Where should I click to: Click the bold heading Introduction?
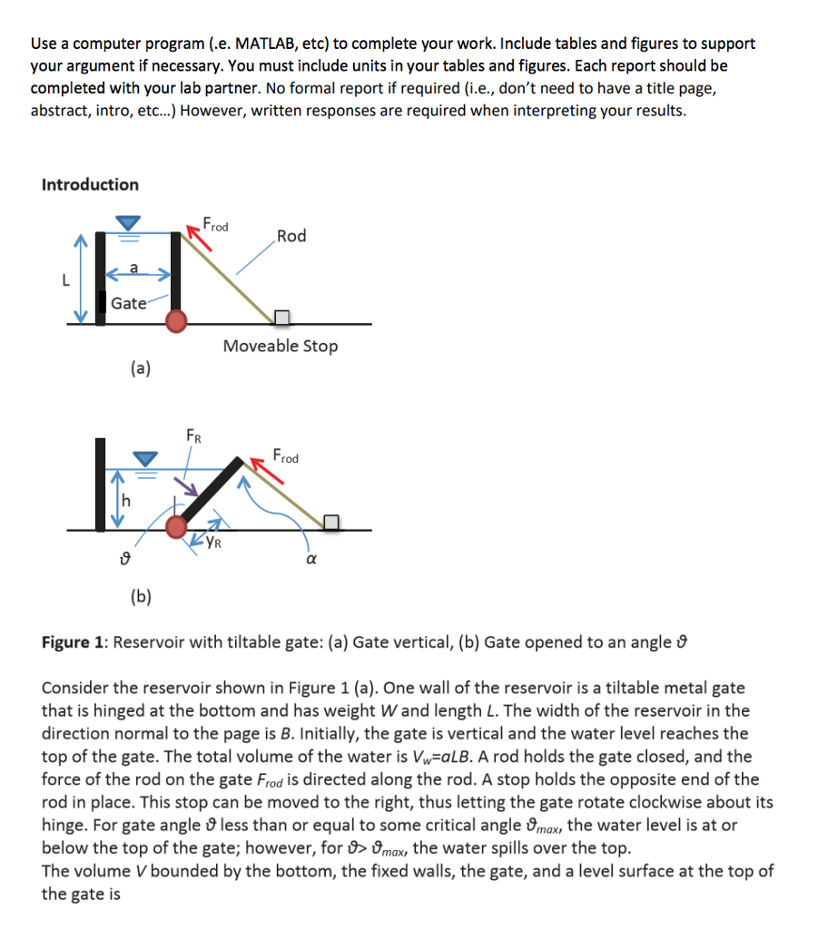tap(90, 184)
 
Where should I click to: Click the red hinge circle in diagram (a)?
tap(177, 318)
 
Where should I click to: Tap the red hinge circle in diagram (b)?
tap(177, 526)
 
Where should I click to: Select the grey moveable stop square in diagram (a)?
tap(282, 317)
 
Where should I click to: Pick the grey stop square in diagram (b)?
tap(331, 522)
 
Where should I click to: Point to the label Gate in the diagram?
tap(128, 303)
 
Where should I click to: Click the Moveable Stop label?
tap(281, 346)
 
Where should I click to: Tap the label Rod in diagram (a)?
tap(291, 236)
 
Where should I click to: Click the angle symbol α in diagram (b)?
tap(309, 560)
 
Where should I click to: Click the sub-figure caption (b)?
tap(141, 596)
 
